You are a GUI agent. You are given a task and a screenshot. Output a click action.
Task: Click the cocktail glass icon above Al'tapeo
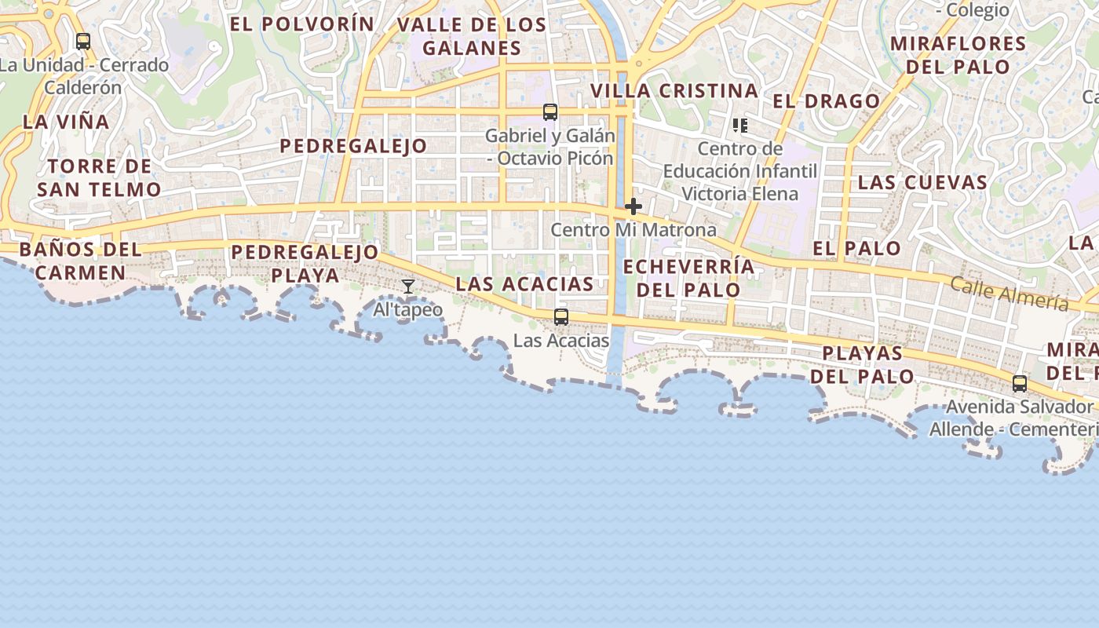(408, 287)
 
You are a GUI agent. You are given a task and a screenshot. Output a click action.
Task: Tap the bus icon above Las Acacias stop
(560, 317)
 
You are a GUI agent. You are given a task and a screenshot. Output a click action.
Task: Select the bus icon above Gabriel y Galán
(550, 112)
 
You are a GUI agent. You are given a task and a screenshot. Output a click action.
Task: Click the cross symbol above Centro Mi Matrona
(633, 207)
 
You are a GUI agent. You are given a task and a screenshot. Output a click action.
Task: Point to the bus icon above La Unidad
(83, 42)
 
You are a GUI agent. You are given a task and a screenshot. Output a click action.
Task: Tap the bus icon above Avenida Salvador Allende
(1020, 384)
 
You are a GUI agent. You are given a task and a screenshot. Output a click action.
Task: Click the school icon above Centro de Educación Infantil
(739, 126)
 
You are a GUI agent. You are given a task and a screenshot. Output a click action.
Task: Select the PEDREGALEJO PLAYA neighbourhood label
(305, 264)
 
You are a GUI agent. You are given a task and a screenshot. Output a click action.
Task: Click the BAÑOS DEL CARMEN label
(80, 261)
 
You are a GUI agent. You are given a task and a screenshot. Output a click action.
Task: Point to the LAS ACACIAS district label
(525, 284)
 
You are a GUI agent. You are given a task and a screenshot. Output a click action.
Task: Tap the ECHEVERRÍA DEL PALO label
(688, 278)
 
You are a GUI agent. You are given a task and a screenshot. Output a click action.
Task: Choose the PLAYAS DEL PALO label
(863, 364)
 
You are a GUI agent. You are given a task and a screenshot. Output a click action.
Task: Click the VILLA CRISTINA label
(674, 91)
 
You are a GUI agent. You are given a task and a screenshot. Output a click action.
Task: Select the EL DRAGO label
(827, 101)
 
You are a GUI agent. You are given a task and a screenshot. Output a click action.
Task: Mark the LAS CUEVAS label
(922, 183)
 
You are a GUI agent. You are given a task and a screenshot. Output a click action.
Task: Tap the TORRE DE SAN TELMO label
(99, 177)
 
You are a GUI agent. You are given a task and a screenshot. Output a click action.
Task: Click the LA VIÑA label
(66, 122)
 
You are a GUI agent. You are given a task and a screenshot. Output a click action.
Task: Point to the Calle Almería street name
(1009, 294)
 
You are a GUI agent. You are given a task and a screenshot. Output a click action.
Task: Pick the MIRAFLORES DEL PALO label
(958, 54)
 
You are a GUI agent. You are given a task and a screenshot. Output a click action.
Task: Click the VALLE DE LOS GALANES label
(472, 36)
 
